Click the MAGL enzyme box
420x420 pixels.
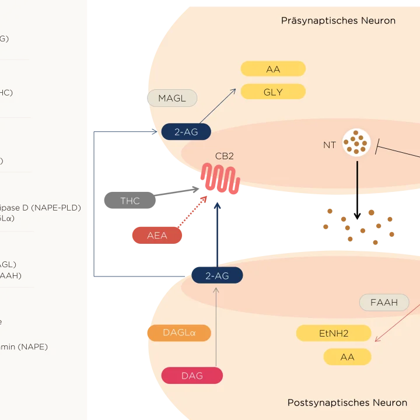[x=172, y=98]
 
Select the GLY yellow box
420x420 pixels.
[x=273, y=92]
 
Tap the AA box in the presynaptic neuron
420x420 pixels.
[x=273, y=69]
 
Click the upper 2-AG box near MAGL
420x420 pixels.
[x=186, y=132]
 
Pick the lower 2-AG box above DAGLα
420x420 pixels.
[x=217, y=275]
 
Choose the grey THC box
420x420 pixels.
[x=130, y=201]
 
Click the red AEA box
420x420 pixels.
[x=157, y=236]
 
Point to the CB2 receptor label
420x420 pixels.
[x=225, y=156]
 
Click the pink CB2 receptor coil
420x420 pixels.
[x=220, y=178]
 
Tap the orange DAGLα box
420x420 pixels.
[x=178, y=332]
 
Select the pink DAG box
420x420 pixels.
[x=192, y=376]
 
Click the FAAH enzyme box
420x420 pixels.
[x=384, y=302]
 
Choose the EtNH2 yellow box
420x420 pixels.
[x=334, y=333]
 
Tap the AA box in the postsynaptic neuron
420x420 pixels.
[x=347, y=357]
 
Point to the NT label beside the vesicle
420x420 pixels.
[x=330, y=145]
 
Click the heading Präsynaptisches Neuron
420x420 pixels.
[x=338, y=20]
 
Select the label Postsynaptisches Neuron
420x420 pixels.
[x=347, y=402]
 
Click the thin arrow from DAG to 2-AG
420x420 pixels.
[x=216, y=327]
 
